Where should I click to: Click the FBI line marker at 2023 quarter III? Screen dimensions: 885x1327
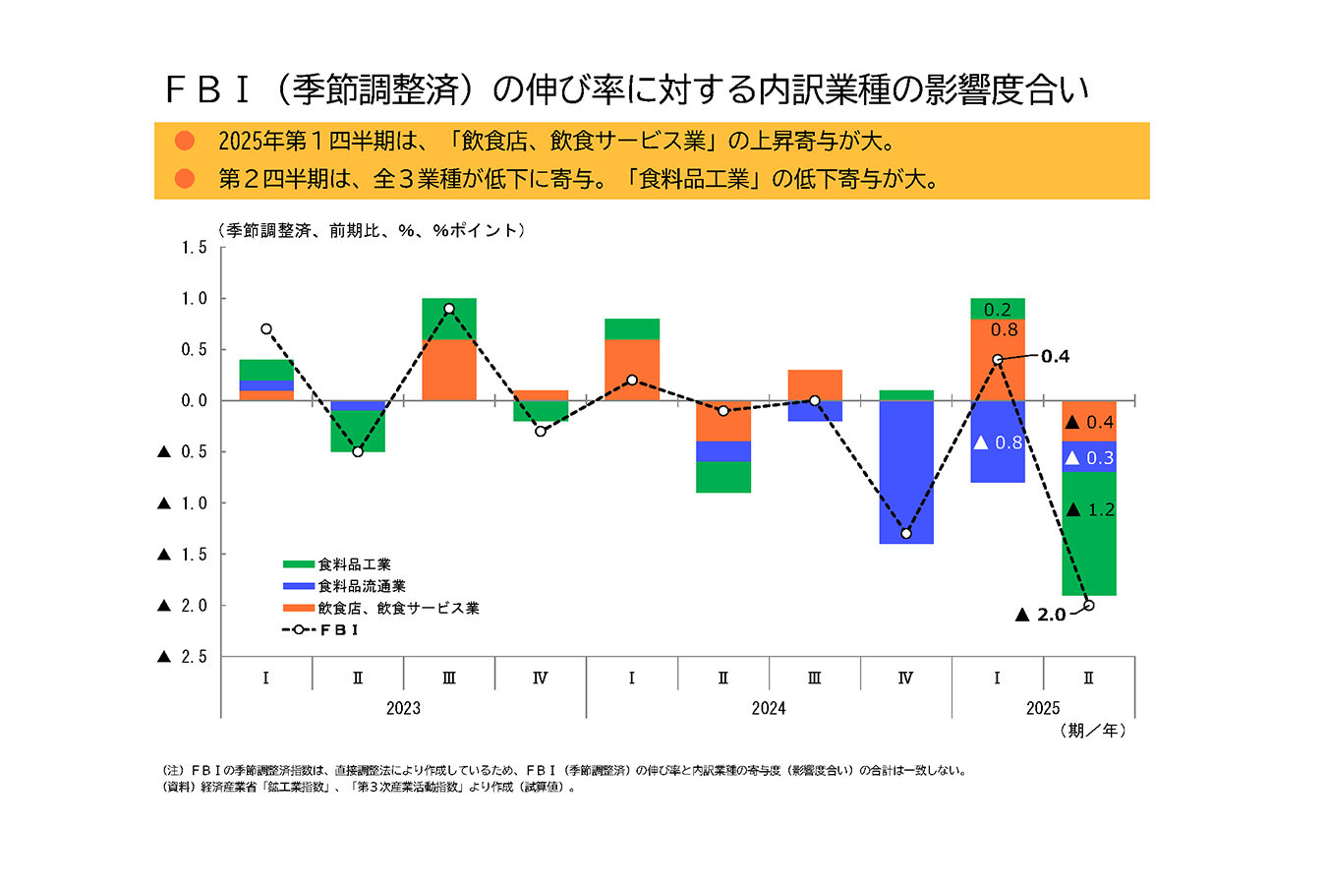tap(449, 309)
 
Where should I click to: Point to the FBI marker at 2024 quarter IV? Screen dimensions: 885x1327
tap(905, 533)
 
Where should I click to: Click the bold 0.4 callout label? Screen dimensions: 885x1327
tap(1055, 356)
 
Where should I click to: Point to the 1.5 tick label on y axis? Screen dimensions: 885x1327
tap(194, 248)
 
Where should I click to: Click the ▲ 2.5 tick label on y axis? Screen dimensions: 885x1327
tap(183, 657)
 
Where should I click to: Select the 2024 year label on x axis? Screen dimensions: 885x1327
tap(768, 708)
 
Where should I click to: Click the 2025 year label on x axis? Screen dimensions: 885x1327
tap(1042, 708)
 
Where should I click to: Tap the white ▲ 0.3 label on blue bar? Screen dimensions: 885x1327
tap(1089, 458)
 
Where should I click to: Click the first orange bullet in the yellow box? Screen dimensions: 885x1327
tap(184, 141)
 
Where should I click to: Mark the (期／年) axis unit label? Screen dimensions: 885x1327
tap(1093, 731)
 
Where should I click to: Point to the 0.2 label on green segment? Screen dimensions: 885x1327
tap(997, 310)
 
